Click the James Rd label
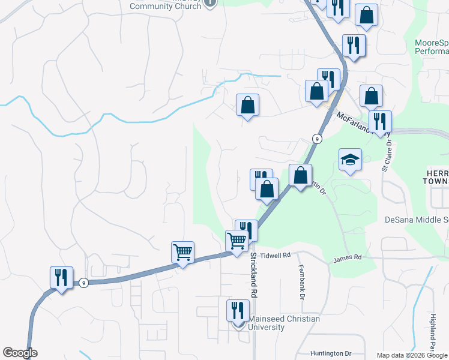[348, 257]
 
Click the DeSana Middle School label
[416, 220]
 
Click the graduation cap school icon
[350, 160]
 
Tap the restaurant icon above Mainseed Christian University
[238, 311]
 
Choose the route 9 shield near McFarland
[317, 139]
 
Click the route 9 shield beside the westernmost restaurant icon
[83, 283]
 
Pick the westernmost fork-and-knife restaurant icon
[61, 278]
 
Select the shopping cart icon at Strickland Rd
[237, 241]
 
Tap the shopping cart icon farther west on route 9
[182, 252]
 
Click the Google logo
[20, 353]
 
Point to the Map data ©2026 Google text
[412, 355]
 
